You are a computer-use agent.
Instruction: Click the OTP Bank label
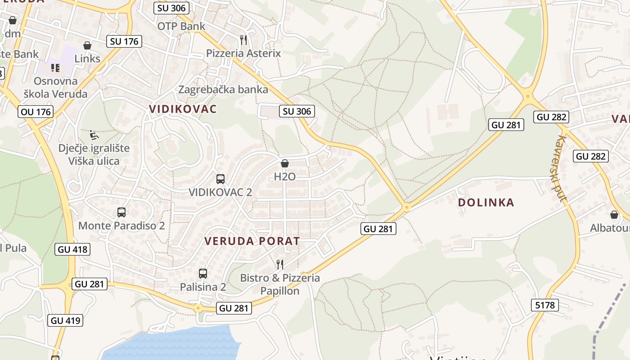click(x=181, y=26)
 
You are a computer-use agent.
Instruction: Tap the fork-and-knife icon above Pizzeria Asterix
click(x=243, y=40)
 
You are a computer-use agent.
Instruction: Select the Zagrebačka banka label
click(x=223, y=89)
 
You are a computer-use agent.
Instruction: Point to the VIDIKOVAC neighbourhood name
click(x=183, y=109)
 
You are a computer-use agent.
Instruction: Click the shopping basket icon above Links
click(x=87, y=45)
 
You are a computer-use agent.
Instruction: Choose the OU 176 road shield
click(x=36, y=112)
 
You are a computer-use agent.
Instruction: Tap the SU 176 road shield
click(x=124, y=41)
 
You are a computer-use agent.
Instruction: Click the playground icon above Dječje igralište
click(x=94, y=135)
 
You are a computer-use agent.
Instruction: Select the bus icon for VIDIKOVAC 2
click(x=220, y=179)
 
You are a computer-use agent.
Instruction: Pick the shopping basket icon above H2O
click(x=284, y=163)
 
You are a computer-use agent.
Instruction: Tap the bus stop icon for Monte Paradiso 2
click(x=121, y=212)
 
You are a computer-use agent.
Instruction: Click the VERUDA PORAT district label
click(x=252, y=241)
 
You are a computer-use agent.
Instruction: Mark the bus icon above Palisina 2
click(x=203, y=273)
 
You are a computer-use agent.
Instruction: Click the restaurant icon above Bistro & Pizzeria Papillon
click(x=280, y=264)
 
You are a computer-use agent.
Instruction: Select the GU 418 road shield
click(x=72, y=249)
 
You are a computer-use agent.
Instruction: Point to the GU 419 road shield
click(x=65, y=320)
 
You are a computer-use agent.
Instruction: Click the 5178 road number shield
click(x=545, y=305)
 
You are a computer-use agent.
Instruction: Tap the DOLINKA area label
click(x=486, y=202)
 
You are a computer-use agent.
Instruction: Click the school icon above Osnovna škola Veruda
click(x=55, y=68)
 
